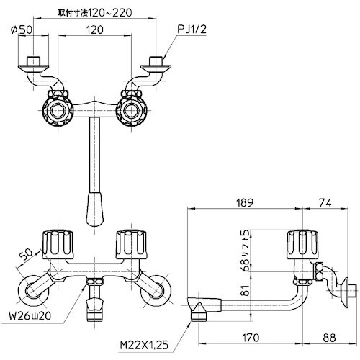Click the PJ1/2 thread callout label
(x=192, y=30)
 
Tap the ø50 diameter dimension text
(x=22, y=30)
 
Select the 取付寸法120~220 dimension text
(x=95, y=12)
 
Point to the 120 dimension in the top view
(x=94, y=30)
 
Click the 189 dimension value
(x=245, y=203)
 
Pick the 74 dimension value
(x=326, y=203)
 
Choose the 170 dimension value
(x=251, y=338)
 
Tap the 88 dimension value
(x=329, y=338)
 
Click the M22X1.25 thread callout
(x=144, y=345)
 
